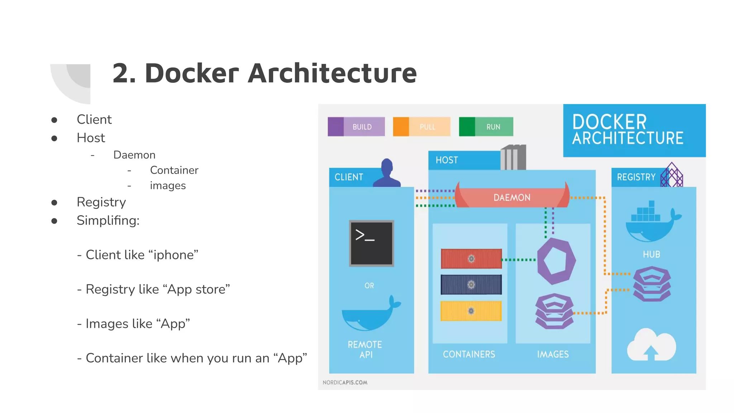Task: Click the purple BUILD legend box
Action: (x=356, y=127)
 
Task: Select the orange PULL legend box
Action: (x=421, y=127)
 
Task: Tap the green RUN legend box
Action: (x=486, y=127)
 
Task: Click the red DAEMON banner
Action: (x=512, y=198)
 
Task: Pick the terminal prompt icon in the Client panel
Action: (x=371, y=243)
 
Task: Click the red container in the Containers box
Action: (x=471, y=258)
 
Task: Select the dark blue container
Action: (x=471, y=284)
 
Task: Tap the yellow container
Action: (x=471, y=311)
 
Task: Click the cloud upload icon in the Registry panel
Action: (x=651, y=345)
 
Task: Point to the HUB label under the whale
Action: (x=651, y=254)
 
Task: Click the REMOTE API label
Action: (x=365, y=349)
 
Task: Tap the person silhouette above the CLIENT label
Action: (x=387, y=173)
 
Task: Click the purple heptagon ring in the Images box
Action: (x=556, y=261)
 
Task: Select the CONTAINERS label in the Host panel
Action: (x=469, y=354)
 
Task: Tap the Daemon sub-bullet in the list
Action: (x=134, y=155)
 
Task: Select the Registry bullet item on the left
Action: (x=101, y=202)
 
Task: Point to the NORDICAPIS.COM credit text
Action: (x=345, y=383)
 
